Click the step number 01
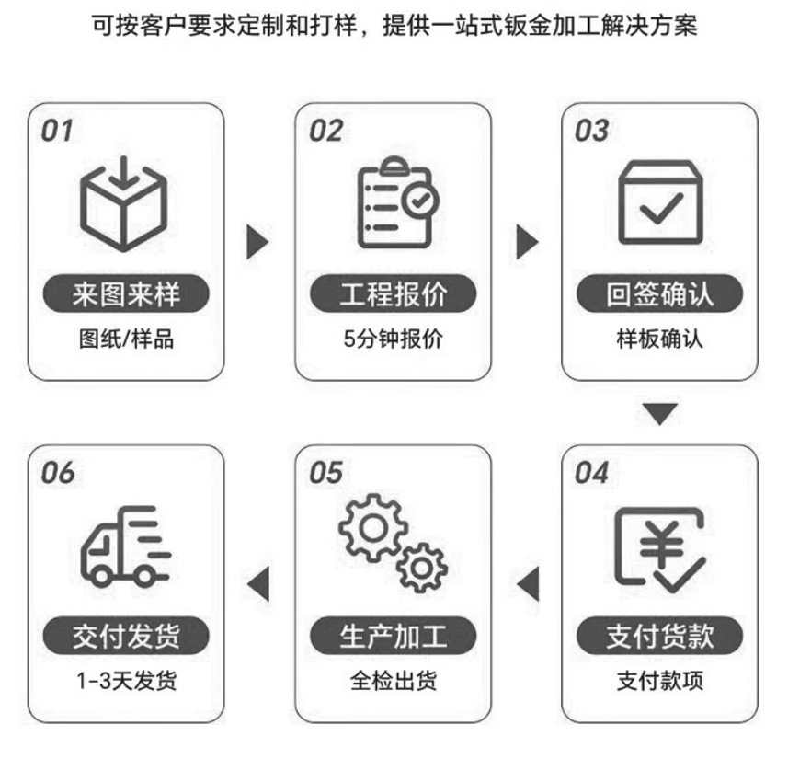click(x=56, y=131)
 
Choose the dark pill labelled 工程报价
click(x=394, y=294)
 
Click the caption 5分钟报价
click(x=394, y=339)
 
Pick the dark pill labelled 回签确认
click(x=660, y=294)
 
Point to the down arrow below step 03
click(x=659, y=413)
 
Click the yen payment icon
click(x=659, y=549)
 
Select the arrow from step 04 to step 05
click(x=528, y=583)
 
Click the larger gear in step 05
click(x=373, y=527)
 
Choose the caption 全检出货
click(x=394, y=682)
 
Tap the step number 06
click(x=57, y=473)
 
